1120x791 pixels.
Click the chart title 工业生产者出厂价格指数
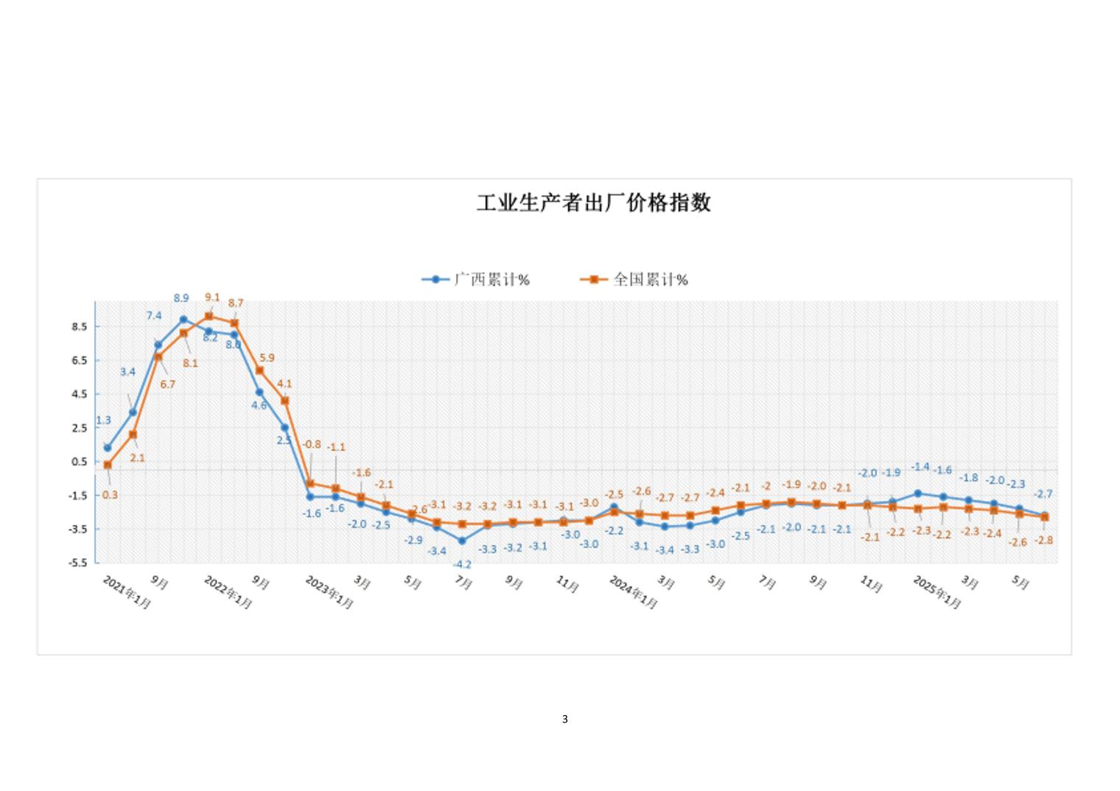[593, 203]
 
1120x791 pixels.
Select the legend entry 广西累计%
[476, 280]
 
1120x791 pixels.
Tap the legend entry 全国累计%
[634, 280]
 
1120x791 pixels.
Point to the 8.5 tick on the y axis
[80, 326]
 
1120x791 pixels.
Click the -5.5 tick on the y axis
[78, 563]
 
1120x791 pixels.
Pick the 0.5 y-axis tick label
[80, 462]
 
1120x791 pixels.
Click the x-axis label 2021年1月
[127, 592]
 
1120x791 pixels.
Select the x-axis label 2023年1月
[329, 592]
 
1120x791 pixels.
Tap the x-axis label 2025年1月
[937, 592]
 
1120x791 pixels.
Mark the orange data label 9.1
[212, 298]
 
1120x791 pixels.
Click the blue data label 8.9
[181, 298]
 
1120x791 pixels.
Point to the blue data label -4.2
[462, 565]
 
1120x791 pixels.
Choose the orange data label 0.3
[110, 495]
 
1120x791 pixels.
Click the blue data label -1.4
[920, 467]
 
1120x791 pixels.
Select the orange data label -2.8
[1044, 540]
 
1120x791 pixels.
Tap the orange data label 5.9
[267, 358]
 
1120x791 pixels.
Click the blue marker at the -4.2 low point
[462, 541]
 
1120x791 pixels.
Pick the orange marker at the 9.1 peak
[209, 316]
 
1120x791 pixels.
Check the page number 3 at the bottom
[565, 719]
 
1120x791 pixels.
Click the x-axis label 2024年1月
[633, 592]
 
